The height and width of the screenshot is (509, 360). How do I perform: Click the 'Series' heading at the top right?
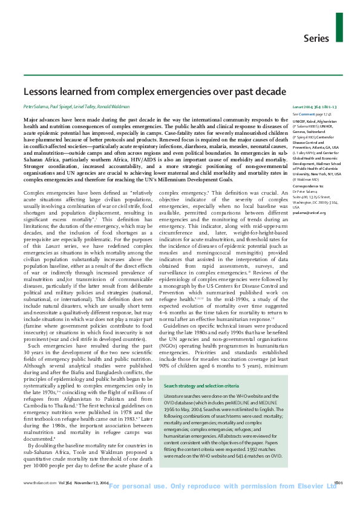316,39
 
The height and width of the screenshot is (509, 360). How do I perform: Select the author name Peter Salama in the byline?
35,106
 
